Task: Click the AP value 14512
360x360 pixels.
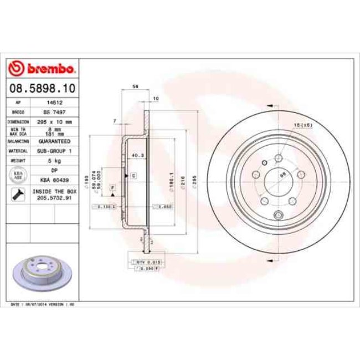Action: point(54,103)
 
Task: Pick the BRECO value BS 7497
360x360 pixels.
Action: point(54,112)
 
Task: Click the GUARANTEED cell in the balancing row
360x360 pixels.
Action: point(54,141)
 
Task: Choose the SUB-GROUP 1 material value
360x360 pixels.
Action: point(54,151)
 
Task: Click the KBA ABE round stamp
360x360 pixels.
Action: point(18,175)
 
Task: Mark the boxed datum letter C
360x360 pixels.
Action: point(133,176)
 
